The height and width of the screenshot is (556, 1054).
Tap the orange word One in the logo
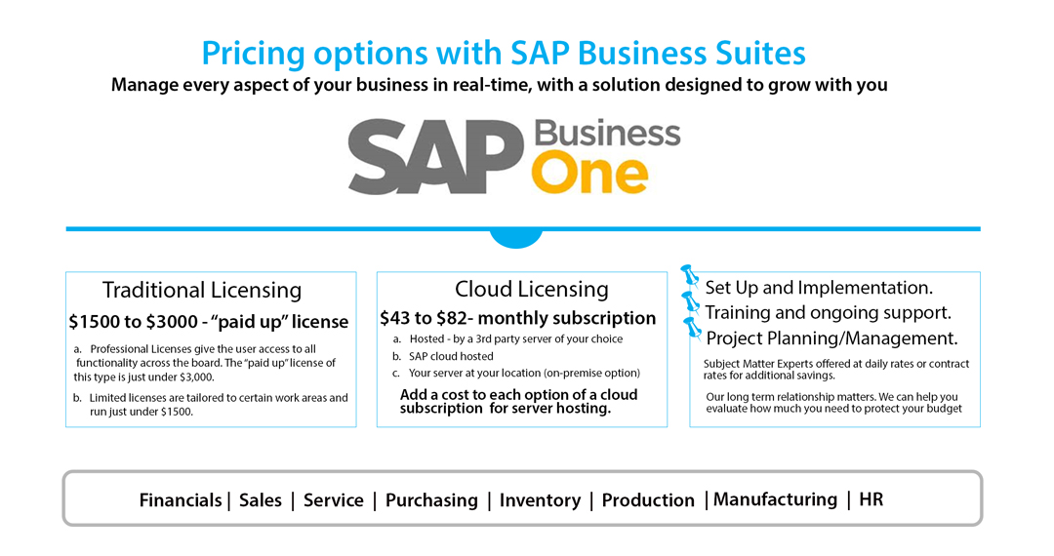pyautogui.click(x=589, y=175)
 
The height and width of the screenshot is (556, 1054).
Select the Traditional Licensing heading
pyautogui.click(x=202, y=290)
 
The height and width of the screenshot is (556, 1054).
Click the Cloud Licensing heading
pyautogui.click(x=531, y=289)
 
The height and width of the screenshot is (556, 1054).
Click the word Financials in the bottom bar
pyautogui.click(x=181, y=500)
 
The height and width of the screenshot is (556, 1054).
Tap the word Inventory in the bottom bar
pyautogui.click(x=540, y=500)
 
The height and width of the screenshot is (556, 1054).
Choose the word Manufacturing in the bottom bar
pyautogui.click(x=775, y=499)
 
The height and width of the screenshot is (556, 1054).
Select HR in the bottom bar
pyautogui.click(x=871, y=499)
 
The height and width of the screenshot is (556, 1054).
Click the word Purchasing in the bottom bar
pyautogui.click(x=431, y=500)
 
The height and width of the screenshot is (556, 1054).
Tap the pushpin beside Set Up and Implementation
pyautogui.click(x=690, y=278)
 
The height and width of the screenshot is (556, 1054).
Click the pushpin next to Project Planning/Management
pyautogui.click(x=692, y=328)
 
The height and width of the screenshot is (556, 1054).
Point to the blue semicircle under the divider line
pyautogui.click(x=515, y=239)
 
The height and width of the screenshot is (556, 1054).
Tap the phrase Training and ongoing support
pyautogui.click(x=828, y=313)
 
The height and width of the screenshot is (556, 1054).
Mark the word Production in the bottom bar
pyautogui.click(x=648, y=500)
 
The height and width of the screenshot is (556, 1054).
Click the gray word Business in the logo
pyautogui.click(x=606, y=134)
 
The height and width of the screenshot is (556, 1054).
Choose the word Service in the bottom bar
pyautogui.click(x=333, y=500)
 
